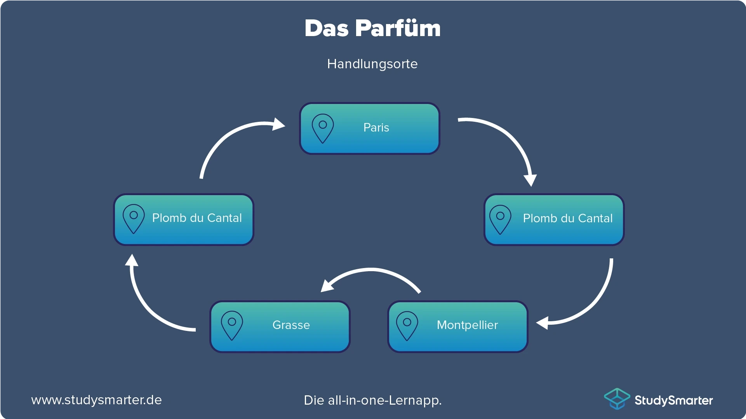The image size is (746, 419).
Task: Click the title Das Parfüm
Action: pos(372,28)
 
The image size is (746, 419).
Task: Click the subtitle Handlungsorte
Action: pos(372,64)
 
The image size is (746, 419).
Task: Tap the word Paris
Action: pos(376,128)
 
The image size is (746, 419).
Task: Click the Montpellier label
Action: pos(467,325)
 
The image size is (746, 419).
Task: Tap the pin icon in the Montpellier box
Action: pos(407,325)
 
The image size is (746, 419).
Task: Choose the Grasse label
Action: pos(291,325)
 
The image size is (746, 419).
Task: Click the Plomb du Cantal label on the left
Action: pos(197,218)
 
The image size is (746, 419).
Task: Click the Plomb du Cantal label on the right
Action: pos(567,218)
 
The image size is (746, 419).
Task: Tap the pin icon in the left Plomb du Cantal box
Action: pos(134,218)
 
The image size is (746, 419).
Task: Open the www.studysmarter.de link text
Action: pos(96,400)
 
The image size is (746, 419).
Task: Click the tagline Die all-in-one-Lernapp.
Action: pos(372,400)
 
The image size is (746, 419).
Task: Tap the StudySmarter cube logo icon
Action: pos(617,399)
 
